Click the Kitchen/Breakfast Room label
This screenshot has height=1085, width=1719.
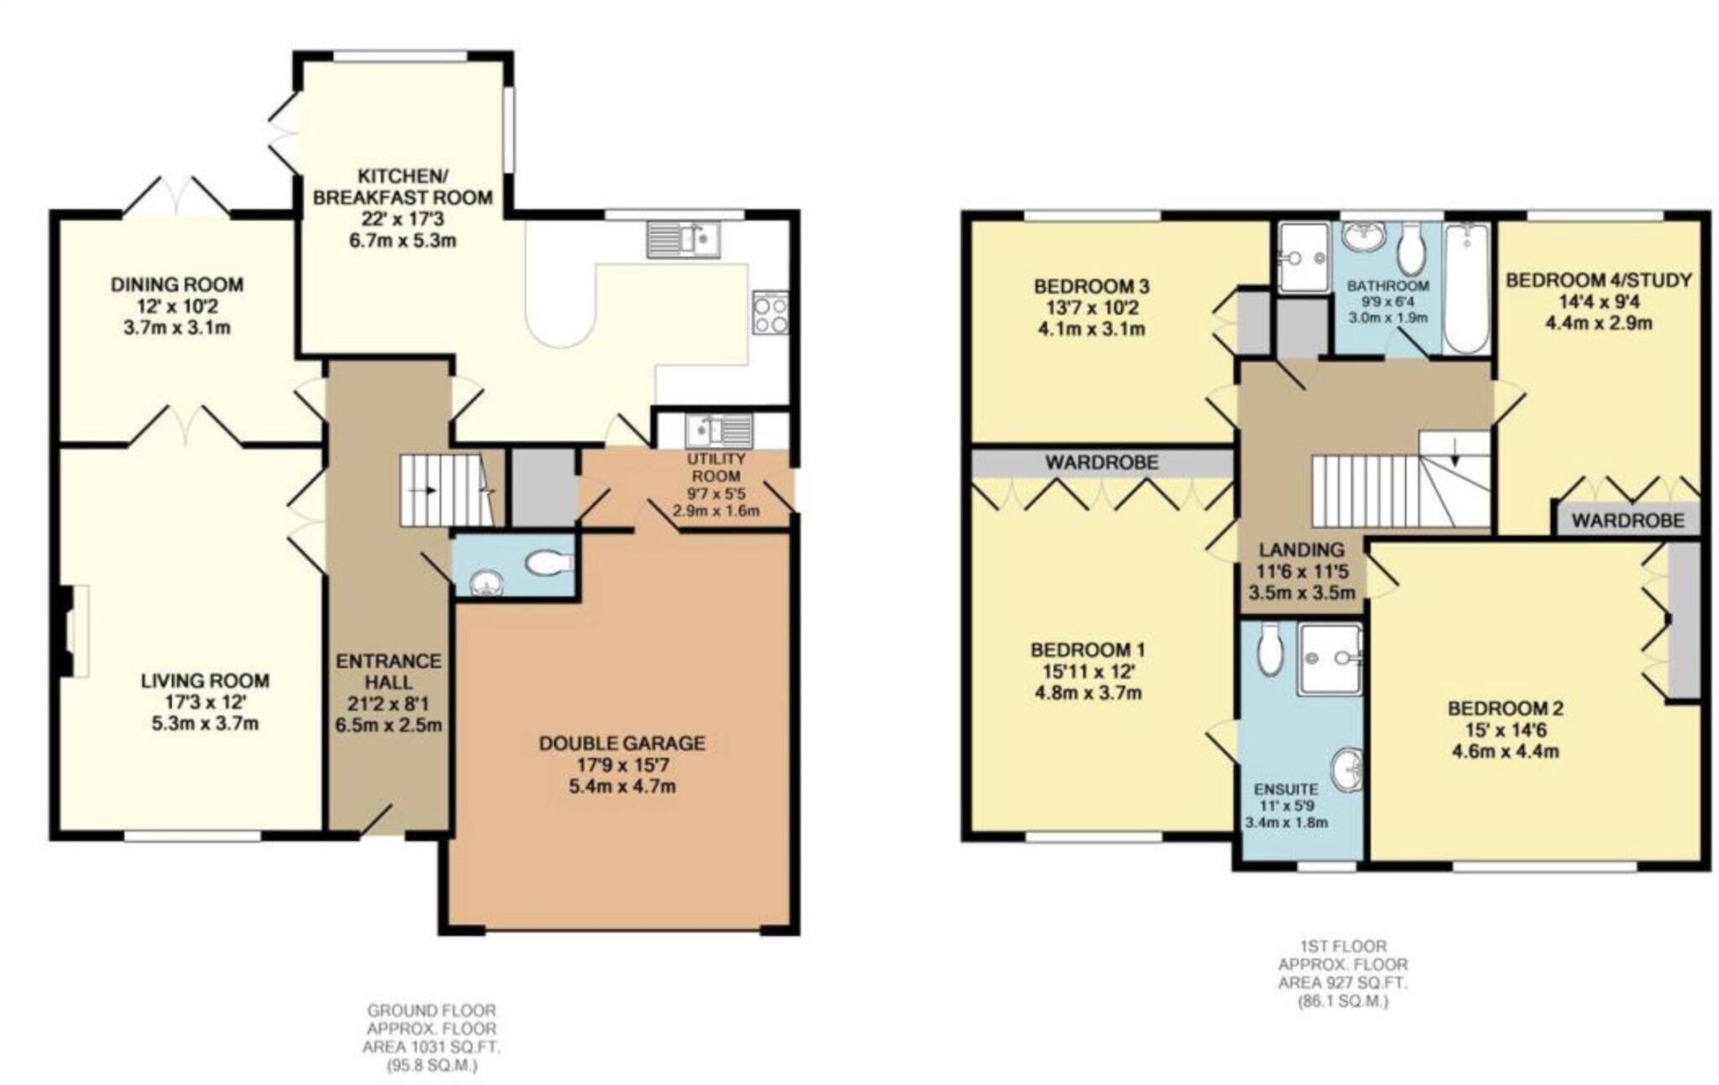tap(401, 187)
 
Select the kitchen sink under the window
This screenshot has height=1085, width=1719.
tap(683, 238)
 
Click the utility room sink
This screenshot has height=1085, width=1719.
tap(719, 431)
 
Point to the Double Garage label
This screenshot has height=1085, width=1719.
tap(621, 743)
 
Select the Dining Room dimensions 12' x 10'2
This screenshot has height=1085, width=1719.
tap(177, 306)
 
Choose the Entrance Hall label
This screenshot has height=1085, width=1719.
tap(388, 671)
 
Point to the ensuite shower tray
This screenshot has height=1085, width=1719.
tap(1330, 659)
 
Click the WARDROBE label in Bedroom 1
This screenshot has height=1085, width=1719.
tap(1101, 462)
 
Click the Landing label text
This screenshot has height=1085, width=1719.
tap(1301, 550)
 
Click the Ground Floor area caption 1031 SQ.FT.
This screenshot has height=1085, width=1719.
tap(431, 1047)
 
